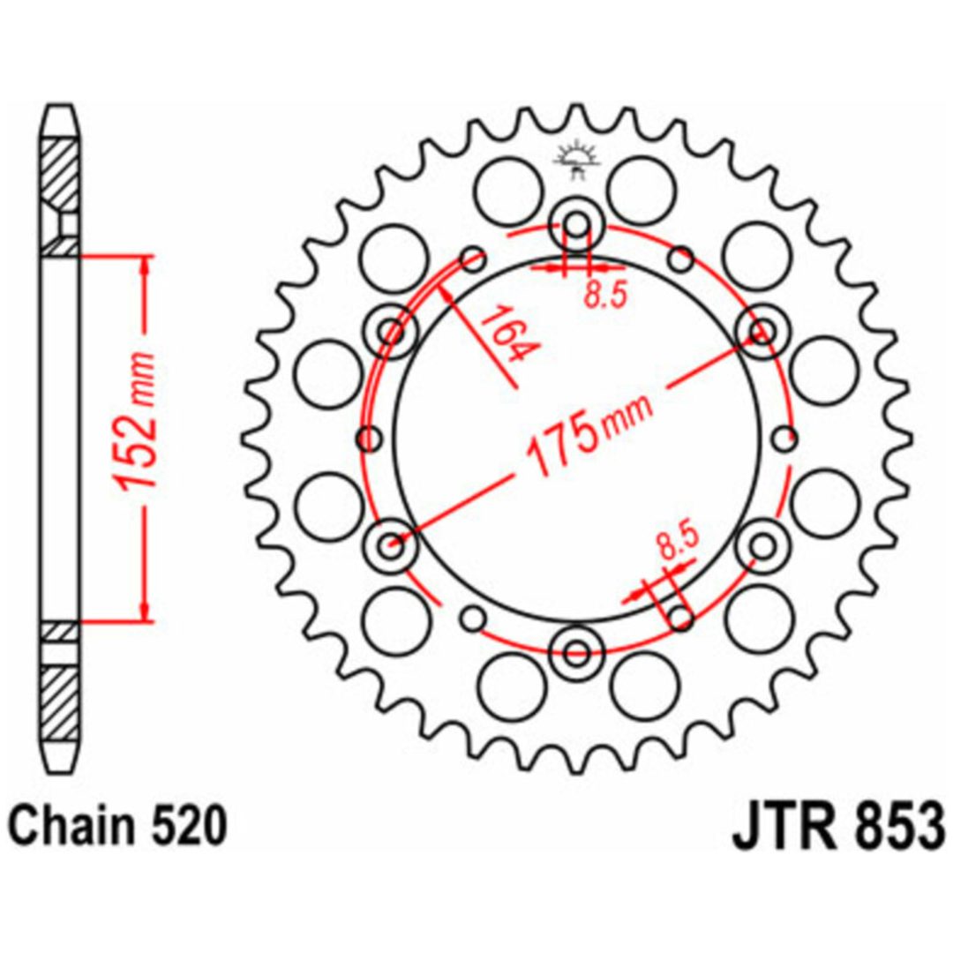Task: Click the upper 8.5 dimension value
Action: (604, 296)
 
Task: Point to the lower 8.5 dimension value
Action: (677, 543)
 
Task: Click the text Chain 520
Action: (120, 825)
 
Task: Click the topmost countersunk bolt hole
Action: (576, 225)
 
